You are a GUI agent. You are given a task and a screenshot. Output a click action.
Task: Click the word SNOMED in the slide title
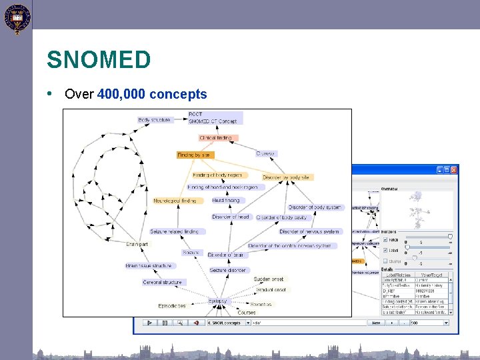point(99,61)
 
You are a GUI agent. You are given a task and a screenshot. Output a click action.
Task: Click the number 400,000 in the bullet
point(122,95)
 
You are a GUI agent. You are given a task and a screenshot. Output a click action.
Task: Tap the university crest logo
point(16,17)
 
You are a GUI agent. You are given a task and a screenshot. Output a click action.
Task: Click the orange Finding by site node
point(194,155)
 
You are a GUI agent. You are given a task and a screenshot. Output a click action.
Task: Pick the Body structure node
point(154,120)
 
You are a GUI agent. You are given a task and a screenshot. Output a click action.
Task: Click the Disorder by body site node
point(287,177)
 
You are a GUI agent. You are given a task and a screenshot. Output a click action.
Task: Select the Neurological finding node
point(175,200)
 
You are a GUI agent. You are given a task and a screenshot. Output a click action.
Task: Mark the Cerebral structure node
point(162,282)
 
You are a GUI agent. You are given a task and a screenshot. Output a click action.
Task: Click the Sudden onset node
point(269,279)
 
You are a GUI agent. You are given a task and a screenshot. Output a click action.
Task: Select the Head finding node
point(225,200)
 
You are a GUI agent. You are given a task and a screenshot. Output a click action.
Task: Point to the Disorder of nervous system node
point(309,231)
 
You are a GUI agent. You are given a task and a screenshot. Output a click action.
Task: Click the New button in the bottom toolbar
point(376,323)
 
